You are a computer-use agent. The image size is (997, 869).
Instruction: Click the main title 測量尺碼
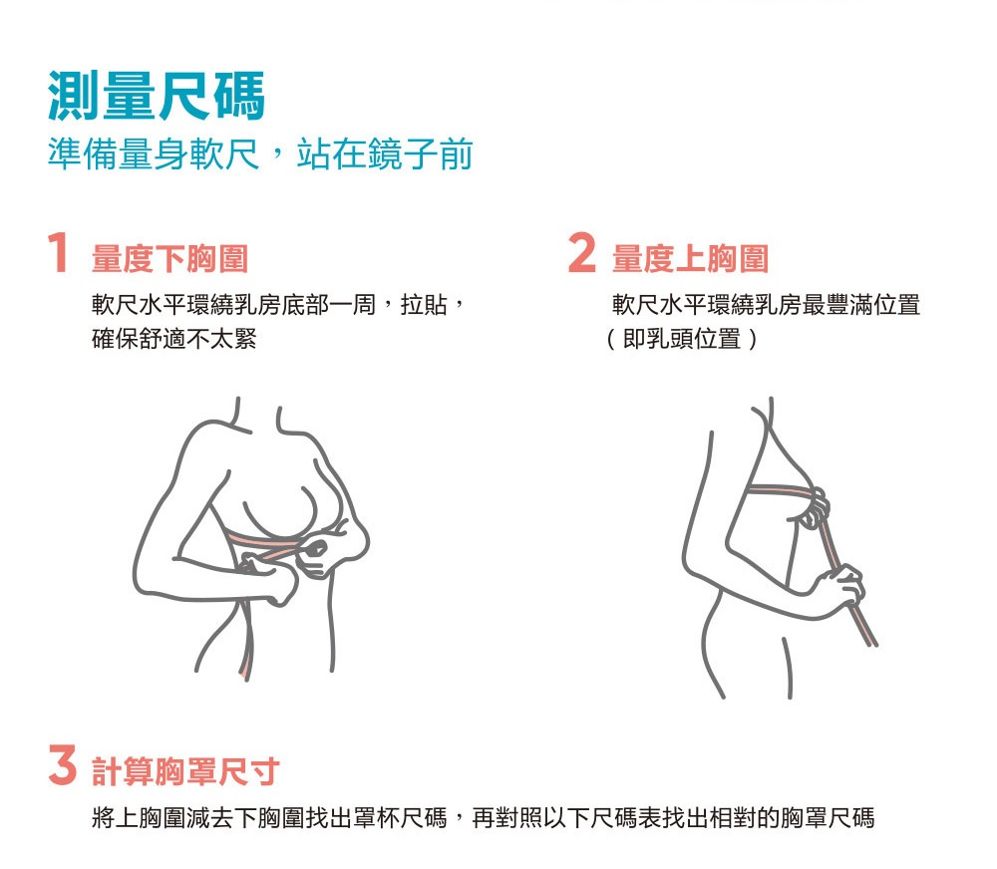[x=157, y=96]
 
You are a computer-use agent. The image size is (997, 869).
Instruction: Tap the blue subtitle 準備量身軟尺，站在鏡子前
[x=260, y=153]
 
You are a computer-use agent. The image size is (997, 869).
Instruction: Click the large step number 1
[x=58, y=252]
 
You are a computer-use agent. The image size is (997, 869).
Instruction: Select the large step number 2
[x=582, y=252]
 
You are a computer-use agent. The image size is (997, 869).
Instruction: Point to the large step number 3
[x=62, y=765]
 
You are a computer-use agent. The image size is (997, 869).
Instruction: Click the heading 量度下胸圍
[x=169, y=259]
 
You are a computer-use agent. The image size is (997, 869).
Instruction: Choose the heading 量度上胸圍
[x=691, y=259]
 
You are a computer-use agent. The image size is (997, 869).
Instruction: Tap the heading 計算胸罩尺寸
[x=185, y=771]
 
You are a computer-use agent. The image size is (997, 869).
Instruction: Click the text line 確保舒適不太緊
[x=174, y=338]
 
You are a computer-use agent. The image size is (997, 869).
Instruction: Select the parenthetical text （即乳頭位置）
[x=682, y=338]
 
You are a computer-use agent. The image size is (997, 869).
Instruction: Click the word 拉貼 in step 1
[x=424, y=305]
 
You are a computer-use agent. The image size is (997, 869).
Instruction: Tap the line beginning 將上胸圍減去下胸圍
[x=484, y=817]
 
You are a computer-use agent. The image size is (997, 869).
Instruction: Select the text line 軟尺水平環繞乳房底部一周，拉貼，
[x=278, y=305]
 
